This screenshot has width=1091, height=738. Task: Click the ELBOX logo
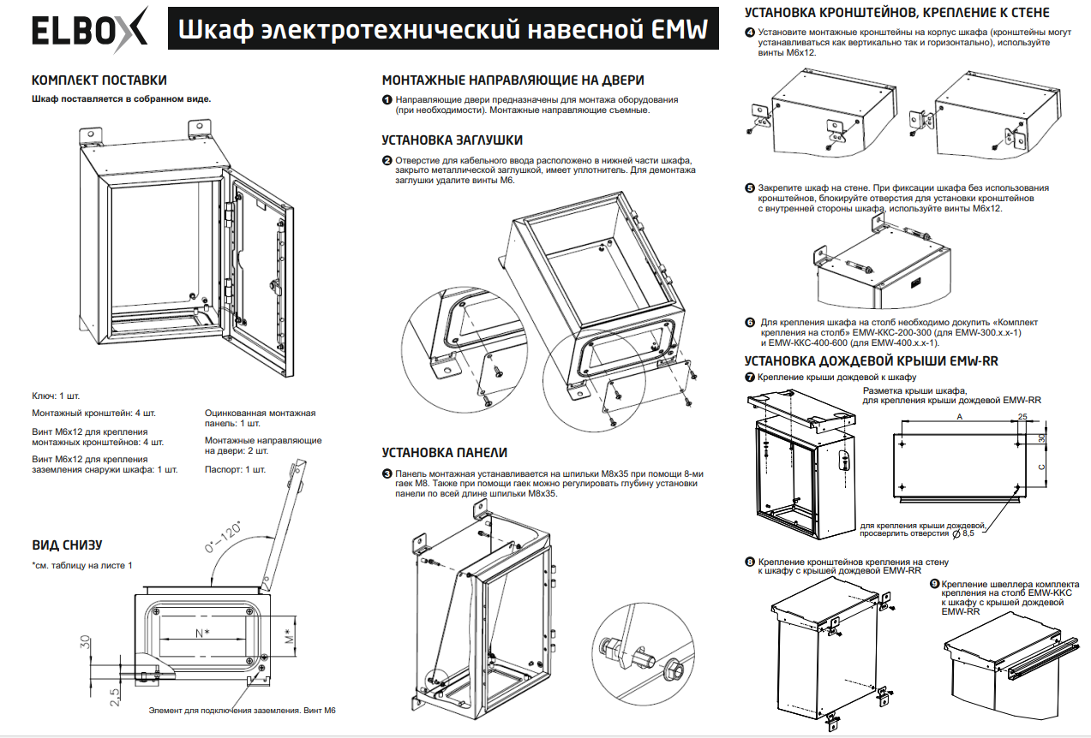point(89,31)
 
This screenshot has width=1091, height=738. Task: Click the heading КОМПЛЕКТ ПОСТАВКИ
point(99,80)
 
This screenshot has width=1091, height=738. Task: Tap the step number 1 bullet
point(387,100)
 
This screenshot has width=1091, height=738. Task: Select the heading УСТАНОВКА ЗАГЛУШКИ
point(452,140)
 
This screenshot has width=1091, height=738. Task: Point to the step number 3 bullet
point(387,473)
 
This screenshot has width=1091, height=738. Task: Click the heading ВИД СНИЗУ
point(68,545)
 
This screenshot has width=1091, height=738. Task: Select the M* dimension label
point(289,634)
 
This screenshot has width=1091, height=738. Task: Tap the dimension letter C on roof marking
point(1041,467)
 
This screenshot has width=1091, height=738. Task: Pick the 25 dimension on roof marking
point(1022,417)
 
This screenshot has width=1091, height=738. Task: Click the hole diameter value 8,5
point(968,533)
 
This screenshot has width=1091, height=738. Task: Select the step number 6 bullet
point(750,323)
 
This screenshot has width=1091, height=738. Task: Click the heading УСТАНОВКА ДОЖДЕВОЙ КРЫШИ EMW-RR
point(871,361)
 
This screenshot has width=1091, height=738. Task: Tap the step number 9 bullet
point(934,584)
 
